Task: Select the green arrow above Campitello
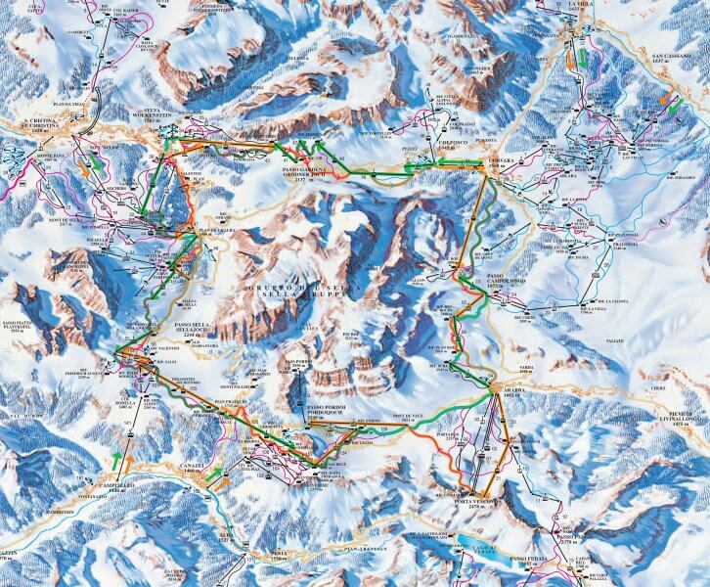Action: tap(116, 457)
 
